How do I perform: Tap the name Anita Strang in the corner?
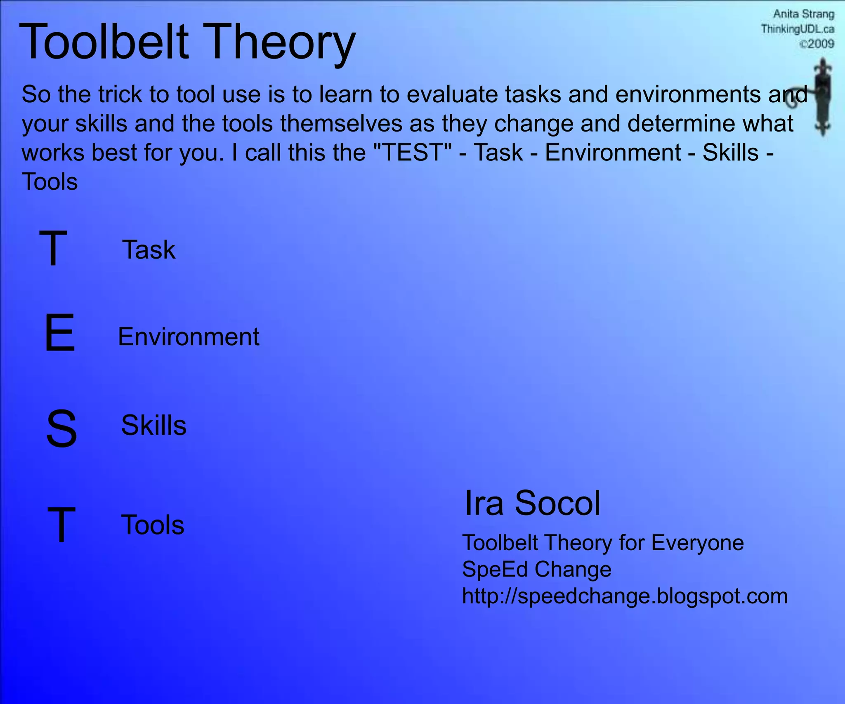point(803,14)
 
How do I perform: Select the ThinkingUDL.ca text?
point(798,29)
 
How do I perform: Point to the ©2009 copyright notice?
point(817,44)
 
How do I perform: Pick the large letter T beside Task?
point(53,248)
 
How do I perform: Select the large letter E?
point(60,332)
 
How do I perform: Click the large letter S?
point(61,429)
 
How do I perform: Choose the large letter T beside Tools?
point(61,525)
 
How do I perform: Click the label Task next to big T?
point(149,250)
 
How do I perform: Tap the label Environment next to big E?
point(189,337)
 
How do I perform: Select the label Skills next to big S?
point(153,426)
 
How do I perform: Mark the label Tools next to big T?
point(153,525)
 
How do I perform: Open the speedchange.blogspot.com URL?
point(625,596)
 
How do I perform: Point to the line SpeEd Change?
point(536,570)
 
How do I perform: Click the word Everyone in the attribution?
point(697,543)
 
